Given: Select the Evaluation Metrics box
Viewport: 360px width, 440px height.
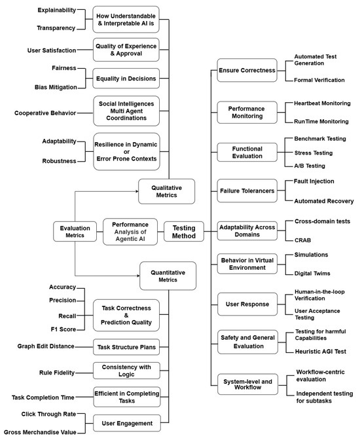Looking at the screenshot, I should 75,232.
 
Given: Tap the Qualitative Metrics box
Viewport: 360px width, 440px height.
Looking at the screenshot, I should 166,191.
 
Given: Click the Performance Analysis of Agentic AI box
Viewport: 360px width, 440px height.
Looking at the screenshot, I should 130,232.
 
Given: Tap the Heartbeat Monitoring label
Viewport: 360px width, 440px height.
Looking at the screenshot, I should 321,103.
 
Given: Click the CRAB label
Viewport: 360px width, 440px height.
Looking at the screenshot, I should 302,240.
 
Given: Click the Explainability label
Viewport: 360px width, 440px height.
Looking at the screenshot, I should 56,10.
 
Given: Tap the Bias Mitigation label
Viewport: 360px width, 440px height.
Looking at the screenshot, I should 56,87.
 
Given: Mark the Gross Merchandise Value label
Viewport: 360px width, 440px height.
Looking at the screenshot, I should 40,433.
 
